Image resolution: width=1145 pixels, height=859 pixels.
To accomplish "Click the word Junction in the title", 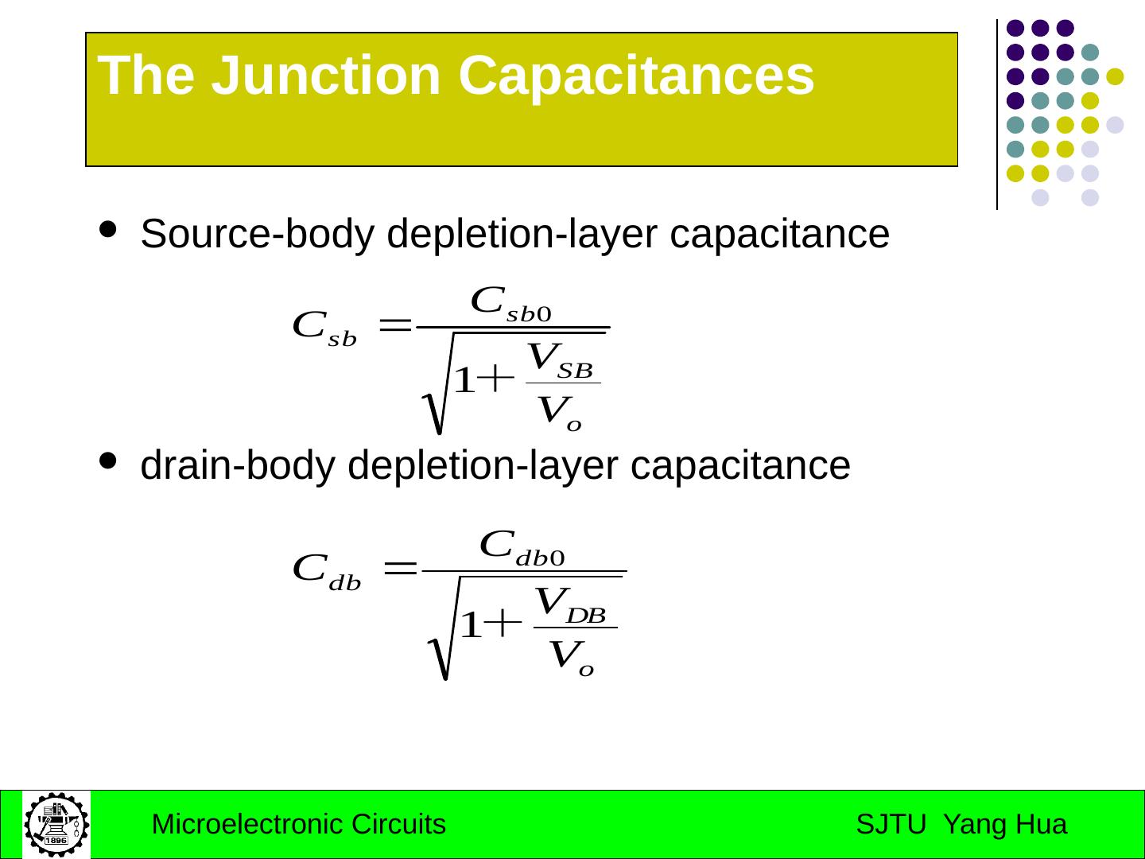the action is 326,76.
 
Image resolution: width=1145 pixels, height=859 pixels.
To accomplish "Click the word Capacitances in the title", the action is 636,76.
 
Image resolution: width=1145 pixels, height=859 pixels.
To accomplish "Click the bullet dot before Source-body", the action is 108,230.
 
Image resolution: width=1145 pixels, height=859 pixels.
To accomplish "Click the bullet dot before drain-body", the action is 108,461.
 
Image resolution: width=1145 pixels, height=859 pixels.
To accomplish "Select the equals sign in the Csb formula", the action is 395,325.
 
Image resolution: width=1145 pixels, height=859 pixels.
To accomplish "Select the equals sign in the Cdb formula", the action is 401,568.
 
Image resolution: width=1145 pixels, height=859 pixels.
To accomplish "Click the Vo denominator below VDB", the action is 571,658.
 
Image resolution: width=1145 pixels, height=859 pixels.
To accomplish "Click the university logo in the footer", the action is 56,824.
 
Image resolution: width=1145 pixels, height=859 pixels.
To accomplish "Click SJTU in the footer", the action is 891,825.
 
